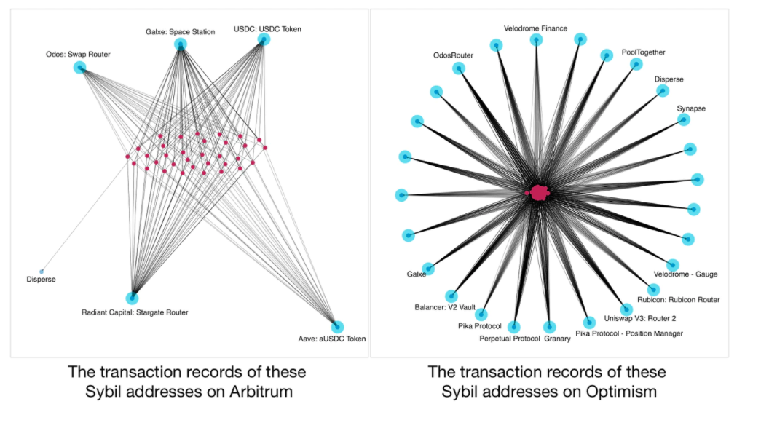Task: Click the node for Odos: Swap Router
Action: point(79,67)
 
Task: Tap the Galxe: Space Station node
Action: point(180,45)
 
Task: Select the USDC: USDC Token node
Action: point(264,41)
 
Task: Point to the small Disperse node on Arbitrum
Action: point(42,271)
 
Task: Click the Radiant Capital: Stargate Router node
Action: point(133,297)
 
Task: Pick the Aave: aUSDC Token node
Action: point(337,327)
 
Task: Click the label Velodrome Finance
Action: point(535,28)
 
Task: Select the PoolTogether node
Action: point(636,64)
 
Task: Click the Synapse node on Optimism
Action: point(683,119)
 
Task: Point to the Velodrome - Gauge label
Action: point(685,274)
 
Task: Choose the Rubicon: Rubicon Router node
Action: point(652,289)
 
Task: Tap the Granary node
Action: point(548,327)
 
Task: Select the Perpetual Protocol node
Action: point(514,327)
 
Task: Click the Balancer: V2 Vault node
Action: point(451,296)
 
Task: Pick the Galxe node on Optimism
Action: point(428,269)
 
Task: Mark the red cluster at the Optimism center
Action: point(539,192)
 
